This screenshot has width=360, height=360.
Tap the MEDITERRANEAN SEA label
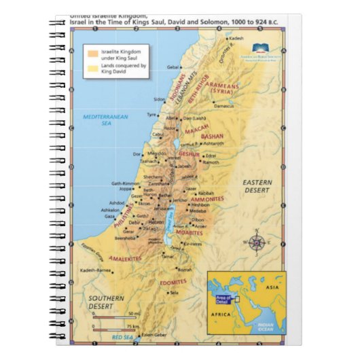coord(105,120)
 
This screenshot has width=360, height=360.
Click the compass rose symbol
coord(257,242)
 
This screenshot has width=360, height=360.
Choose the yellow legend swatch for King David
coord(92,67)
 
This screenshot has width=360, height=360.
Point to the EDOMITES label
coord(173,281)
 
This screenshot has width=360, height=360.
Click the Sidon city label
coord(160,98)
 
